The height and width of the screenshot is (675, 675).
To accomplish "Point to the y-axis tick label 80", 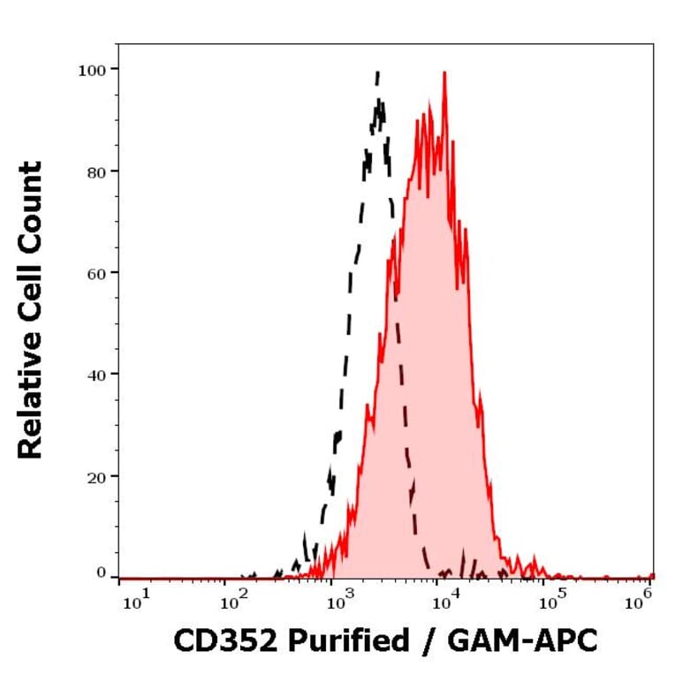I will click(x=96, y=171).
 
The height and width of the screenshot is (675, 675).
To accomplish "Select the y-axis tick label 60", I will click(x=96, y=272).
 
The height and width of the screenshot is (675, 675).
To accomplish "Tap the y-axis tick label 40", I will click(x=96, y=374).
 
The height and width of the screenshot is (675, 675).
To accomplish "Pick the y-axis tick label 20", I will click(x=96, y=475).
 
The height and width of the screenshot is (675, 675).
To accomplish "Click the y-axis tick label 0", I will click(x=101, y=573).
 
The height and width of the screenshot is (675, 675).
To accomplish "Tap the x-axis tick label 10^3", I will click(x=339, y=602).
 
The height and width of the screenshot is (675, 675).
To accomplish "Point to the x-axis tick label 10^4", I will click(x=445, y=602).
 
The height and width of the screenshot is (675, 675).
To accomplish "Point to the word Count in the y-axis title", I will click(x=31, y=202).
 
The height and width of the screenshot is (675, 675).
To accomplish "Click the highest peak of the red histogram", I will click(x=444, y=73).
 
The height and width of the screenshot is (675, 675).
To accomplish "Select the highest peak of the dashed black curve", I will click(x=378, y=72).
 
